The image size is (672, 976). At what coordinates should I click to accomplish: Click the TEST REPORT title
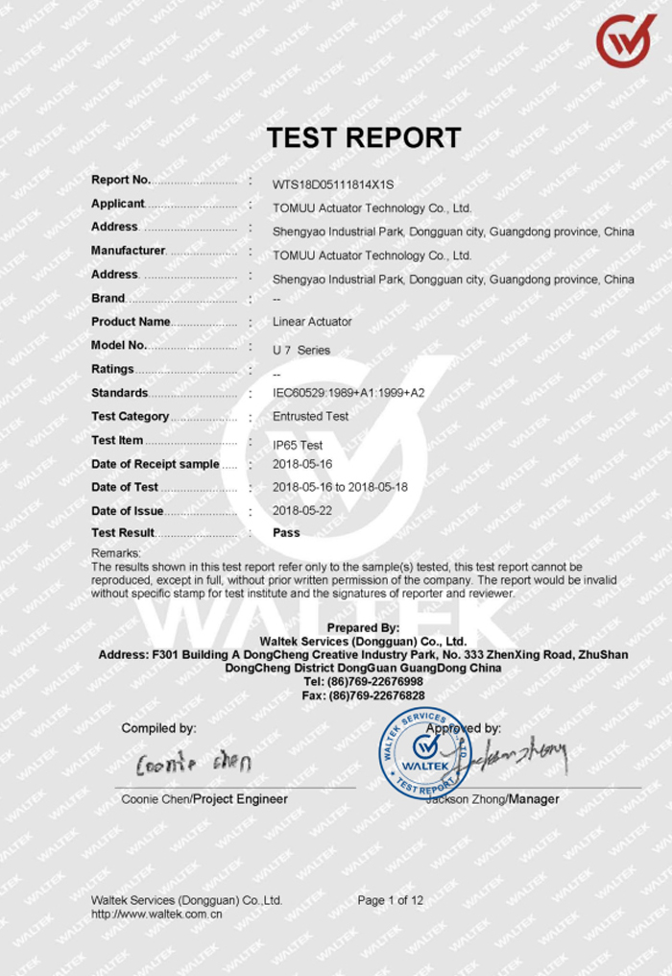tap(364, 137)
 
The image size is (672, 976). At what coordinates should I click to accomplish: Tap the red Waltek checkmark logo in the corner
tap(625, 39)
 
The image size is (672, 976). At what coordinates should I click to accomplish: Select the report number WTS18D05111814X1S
tap(333, 184)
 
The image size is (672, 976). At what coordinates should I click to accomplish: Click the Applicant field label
tap(118, 204)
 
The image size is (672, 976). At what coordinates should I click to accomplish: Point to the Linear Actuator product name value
tap(312, 322)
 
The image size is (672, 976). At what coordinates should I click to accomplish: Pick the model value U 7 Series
tap(300, 350)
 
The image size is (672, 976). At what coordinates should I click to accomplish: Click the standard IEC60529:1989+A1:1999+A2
tap(348, 393)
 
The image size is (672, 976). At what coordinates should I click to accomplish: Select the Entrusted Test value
tap(310, 417)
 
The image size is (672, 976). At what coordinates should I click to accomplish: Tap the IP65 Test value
tap(298, 445)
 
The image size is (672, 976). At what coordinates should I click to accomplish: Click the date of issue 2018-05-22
tap(302, 511)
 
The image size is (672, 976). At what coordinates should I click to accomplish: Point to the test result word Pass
tap(286, 532)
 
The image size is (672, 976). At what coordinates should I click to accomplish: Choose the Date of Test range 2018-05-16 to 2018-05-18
tap(340, 487)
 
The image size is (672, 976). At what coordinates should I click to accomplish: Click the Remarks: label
tap(116, 553)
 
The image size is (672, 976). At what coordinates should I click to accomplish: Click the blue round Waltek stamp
tap(424, 752)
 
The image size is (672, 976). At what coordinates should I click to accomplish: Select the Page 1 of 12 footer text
tap(390, 900)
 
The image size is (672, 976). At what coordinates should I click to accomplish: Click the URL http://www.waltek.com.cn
tap(156, 915)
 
